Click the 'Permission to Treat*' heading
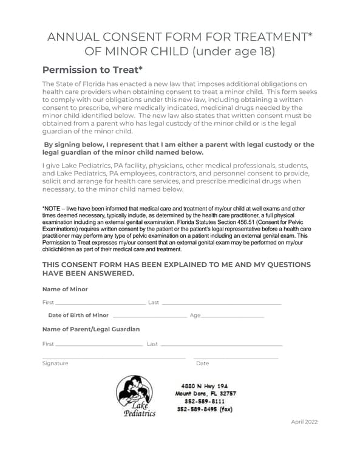[x=92, y=70]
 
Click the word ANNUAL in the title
[x=73, y=37]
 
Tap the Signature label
[x=55, y=363]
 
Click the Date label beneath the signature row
[x=202, y=363]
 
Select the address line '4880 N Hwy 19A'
[x=204, y=385]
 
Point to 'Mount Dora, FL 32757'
[x=206, y=393]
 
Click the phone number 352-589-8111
[x=205, y=401]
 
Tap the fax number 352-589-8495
[x=205, y=409]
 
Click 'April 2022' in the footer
[x=304, y=422]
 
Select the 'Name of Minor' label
[x=65, y=289]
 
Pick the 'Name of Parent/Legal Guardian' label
[x=91, y=329]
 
